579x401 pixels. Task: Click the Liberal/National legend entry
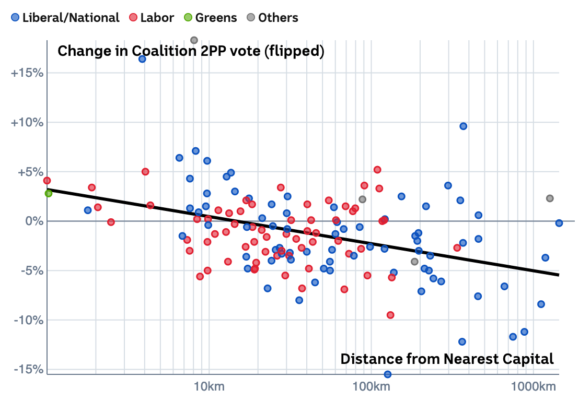[65, 18]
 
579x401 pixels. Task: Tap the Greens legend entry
[210, 18]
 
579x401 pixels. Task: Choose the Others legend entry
[272, 18]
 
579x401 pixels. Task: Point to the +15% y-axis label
[27, 73]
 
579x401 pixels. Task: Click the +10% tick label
[27, 122]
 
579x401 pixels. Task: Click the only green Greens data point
[49, 193]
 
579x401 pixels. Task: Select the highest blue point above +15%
[142, 59]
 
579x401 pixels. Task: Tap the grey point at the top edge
[194, 40]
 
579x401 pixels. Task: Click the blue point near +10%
[463, 126]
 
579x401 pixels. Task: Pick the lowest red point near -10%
[390, 315]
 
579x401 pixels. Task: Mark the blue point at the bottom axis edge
[388, 374]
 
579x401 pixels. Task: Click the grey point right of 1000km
[550, 198]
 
